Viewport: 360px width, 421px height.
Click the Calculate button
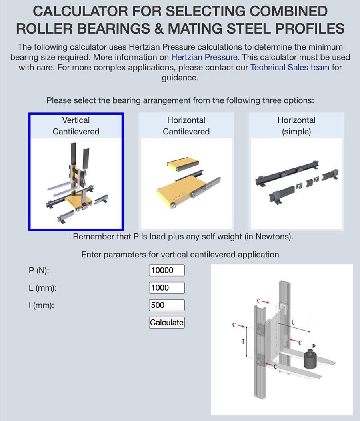167,323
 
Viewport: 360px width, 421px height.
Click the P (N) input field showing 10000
167,270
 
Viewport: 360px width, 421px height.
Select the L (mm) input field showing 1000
167,288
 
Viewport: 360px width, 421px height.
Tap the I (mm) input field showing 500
167,305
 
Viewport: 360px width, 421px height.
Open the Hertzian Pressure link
205,57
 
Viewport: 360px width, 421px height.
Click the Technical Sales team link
290,67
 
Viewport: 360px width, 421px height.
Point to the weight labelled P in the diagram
310,359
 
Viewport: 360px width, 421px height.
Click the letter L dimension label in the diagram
293,322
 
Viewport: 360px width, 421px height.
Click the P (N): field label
39,271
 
